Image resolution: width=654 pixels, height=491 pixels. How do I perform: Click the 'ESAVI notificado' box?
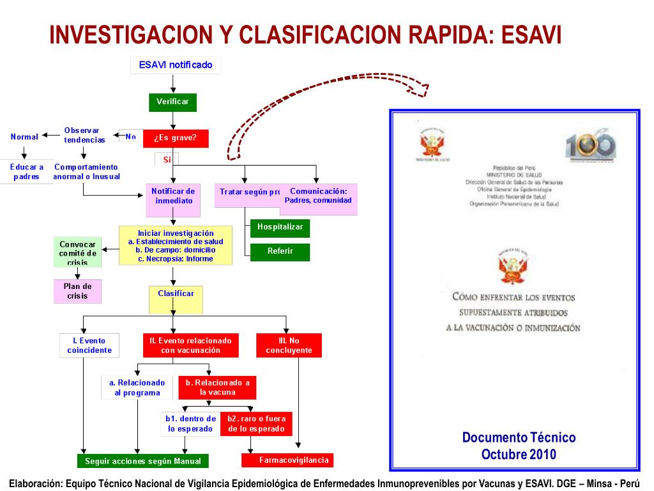176,65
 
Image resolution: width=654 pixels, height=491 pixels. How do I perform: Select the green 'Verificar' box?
172,102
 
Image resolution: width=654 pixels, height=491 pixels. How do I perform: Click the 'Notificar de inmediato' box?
173,196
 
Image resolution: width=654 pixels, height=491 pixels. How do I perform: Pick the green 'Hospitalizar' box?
280,228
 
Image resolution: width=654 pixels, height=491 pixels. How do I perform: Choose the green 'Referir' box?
280,252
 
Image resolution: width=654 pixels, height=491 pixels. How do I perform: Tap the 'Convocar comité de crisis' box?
77,253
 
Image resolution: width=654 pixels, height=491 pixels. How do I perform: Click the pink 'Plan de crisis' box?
77,291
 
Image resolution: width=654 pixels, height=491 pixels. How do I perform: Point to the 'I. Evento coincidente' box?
89,345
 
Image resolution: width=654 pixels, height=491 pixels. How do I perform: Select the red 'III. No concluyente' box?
289,345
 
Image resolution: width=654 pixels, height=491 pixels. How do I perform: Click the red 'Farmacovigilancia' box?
287,460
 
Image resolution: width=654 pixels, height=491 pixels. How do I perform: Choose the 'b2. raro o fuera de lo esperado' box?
256,424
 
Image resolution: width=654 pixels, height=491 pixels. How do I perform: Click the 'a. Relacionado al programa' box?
137,387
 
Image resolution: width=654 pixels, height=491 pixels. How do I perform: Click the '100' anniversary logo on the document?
591,145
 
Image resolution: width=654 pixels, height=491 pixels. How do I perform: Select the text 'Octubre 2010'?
519,455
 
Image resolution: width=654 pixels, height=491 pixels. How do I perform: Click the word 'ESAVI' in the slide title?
531,35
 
